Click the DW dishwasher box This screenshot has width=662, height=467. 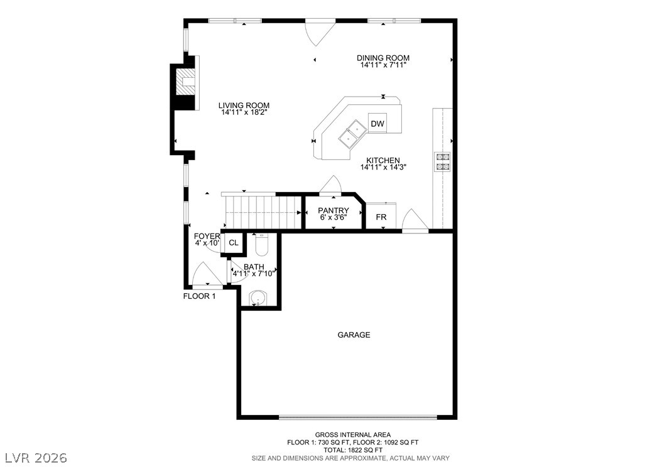[x=377, y=124]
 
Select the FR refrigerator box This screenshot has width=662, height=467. [x=381, y=217]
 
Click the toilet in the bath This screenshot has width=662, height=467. [x=261, y=244]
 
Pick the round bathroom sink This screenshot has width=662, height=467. [x=258, y=298]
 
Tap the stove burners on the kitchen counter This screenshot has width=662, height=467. [x=443, y=162]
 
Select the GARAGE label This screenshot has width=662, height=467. [x=354, y=335]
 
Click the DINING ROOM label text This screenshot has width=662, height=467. [x=384, y=58]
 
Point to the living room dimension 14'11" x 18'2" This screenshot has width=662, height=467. [x=244, y=113]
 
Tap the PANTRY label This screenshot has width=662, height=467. [x=333, y=210]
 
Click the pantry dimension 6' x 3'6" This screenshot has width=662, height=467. [x=333, y=218]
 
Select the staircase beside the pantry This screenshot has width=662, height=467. [x=262, y=212]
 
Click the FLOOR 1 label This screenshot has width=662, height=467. [x=199, y=296]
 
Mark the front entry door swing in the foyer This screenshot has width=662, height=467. [x=205, y=276]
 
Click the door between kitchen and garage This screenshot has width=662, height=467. [x=415, y=221]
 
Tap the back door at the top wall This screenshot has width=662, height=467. [x=320, y=31]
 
